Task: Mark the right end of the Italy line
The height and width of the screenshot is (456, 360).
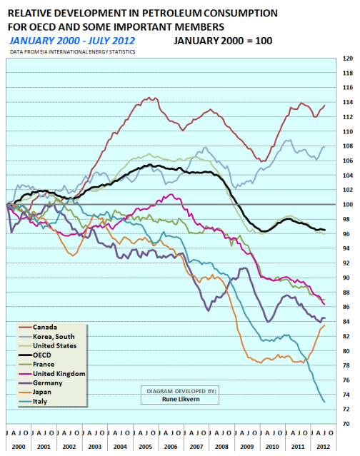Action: tap(325, 402)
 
